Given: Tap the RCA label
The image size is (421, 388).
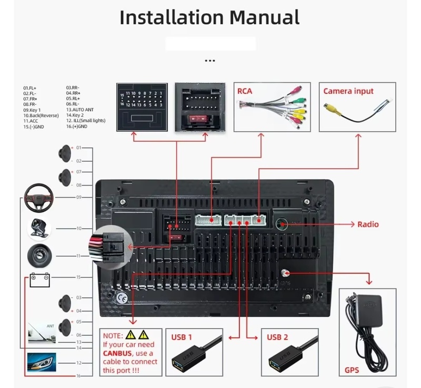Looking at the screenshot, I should (x=245, y=91).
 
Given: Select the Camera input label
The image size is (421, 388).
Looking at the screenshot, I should (x=348, y=91).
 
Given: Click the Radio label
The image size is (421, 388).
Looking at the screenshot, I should (x=368, y=224).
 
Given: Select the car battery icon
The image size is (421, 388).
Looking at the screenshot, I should (x=39, y=279).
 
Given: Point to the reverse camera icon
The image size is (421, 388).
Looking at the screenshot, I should (x=39, y=228).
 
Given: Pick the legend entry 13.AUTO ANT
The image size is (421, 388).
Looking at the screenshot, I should (x=80, y=110).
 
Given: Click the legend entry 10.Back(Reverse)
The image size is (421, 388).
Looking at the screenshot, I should (x=41, y=115).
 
